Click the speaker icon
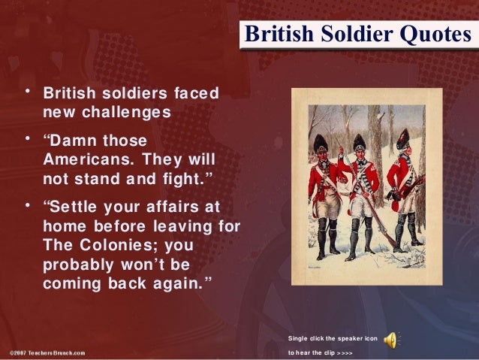tap(390, 340)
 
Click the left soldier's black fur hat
tap(320, 142)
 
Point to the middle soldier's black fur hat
tap(360, 141)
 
